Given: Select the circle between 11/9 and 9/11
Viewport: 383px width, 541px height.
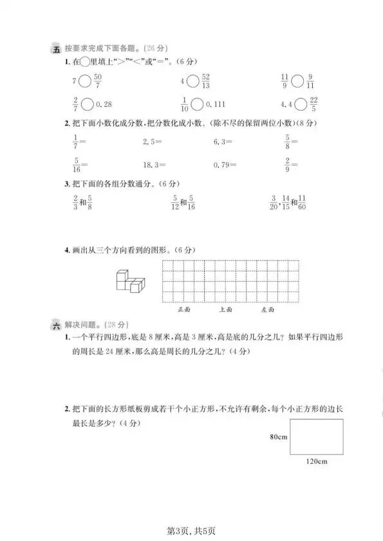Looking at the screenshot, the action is [x=297, y=81].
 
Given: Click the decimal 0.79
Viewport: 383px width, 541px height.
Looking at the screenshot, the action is [x=222, y=165].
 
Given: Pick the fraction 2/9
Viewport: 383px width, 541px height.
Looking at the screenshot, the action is [x=286, y=165].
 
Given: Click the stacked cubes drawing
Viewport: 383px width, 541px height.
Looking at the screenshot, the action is [x=130, y=280].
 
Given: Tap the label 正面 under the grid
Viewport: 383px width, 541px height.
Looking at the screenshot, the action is [x=185, y=309].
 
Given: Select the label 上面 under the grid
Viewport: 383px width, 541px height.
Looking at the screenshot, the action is [x=225, y=309].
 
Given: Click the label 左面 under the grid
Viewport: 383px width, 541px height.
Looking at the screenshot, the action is [x=268, y=309].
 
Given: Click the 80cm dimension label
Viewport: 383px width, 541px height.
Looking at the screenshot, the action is [x=278, y=436].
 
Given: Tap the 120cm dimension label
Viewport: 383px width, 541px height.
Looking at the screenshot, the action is [x=317, y=461].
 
